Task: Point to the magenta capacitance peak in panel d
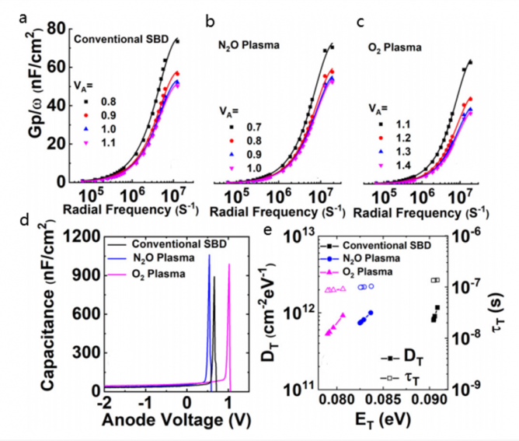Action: [229, 266]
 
